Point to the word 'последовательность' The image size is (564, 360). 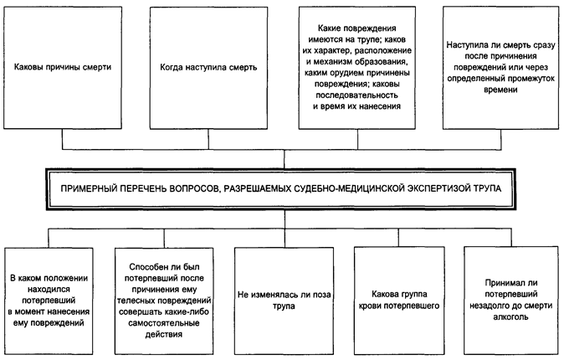pos(357,95)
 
